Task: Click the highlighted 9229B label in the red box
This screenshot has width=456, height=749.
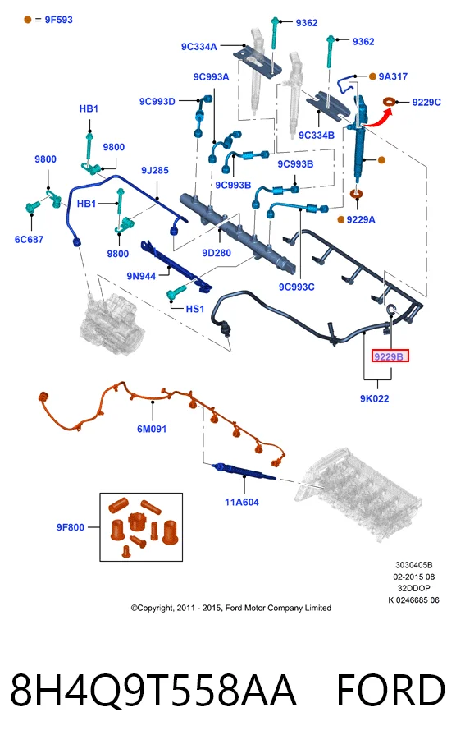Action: [390, 356]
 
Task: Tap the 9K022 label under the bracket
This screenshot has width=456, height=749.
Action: [375, 398]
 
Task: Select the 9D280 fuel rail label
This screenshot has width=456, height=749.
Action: [216, 253]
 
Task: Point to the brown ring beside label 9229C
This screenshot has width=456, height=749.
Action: [390, 102]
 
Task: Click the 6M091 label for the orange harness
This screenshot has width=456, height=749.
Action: [152, 429]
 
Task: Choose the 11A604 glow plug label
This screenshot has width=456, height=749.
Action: [242, 502]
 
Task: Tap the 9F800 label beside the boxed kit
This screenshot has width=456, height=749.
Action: [70, 527]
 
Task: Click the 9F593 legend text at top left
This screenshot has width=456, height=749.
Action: [59, 20]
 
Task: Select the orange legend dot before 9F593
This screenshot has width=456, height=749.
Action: [28, 20]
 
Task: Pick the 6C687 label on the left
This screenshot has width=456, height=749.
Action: [29, 239]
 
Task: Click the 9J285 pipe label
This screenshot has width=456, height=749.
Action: [155, 170]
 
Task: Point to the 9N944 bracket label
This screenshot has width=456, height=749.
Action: [141, 276]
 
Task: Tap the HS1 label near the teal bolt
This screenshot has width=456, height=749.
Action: [194, 309]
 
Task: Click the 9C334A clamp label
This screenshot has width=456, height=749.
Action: [199, 46]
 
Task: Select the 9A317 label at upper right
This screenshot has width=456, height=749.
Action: [393, 76]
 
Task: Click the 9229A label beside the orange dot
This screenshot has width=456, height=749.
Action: [361, 220]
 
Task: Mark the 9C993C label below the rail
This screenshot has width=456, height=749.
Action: [297, 287]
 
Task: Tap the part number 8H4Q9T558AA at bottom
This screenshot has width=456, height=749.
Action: [153, 691]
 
